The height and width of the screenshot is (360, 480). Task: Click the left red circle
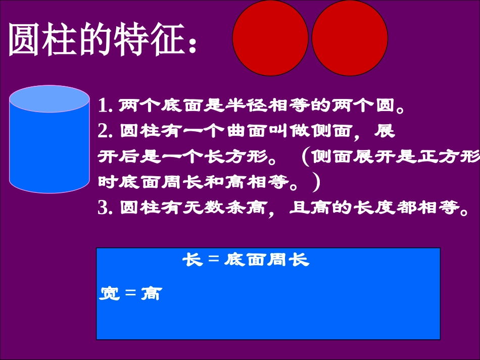(x=270, y=38)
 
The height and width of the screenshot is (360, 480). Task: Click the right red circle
(x=350, y=38)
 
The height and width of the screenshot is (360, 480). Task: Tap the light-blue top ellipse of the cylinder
(x=50, y=99)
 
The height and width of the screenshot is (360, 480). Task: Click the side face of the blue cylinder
(x=50, y=151)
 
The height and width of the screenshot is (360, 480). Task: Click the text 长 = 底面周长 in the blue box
(x=246, y=260)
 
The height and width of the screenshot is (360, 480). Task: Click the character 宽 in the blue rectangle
(x=109, y=293)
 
